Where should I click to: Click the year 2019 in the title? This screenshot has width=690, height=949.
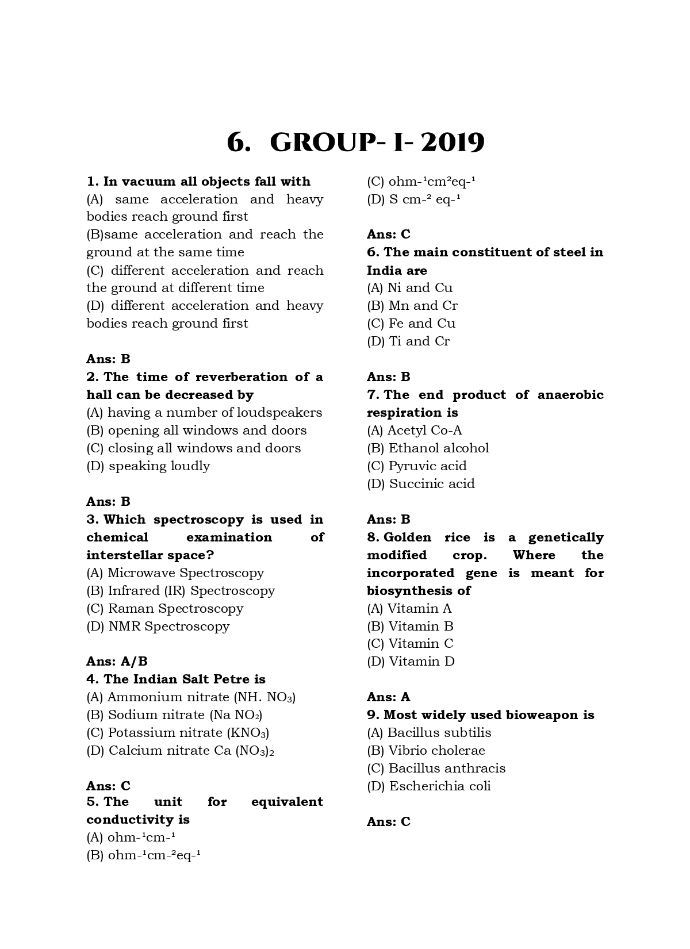[453, 143]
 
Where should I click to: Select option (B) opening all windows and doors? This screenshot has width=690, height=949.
[197, 431]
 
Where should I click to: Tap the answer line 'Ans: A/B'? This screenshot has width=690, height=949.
[117, 662]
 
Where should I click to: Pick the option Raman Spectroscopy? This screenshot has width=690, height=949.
[165, 609]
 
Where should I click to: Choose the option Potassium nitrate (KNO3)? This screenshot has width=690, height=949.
[178, 733]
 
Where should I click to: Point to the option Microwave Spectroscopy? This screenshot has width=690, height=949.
[175, 573]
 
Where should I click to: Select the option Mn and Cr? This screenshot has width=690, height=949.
[412, 306]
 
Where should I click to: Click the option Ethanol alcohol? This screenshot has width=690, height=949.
[428, 448]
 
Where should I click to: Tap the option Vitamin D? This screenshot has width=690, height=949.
[411, 662]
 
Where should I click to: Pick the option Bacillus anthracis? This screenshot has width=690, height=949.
[436, 769]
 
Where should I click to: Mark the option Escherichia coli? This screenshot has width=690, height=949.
[429, 786]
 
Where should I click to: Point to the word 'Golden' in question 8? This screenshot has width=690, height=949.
[407, 537]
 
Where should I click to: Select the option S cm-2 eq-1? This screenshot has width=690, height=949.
[414, 199]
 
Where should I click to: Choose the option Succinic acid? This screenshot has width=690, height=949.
[421, 484]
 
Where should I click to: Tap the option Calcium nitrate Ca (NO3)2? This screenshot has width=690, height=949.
[180, 751]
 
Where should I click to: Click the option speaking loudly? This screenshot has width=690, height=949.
[148, 466]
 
